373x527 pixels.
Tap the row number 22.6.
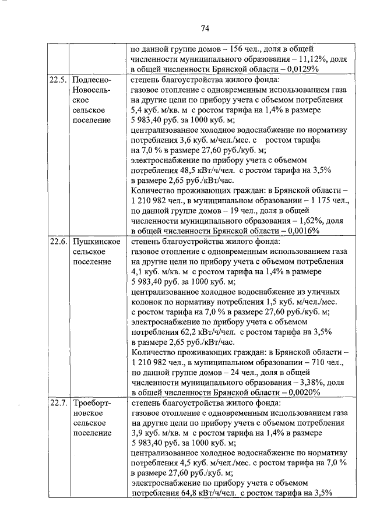[58, 241]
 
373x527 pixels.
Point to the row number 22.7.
[58, 402]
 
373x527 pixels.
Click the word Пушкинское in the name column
[97, 241]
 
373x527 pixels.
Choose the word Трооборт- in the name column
[93, 402]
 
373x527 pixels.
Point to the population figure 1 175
[310, 200]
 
